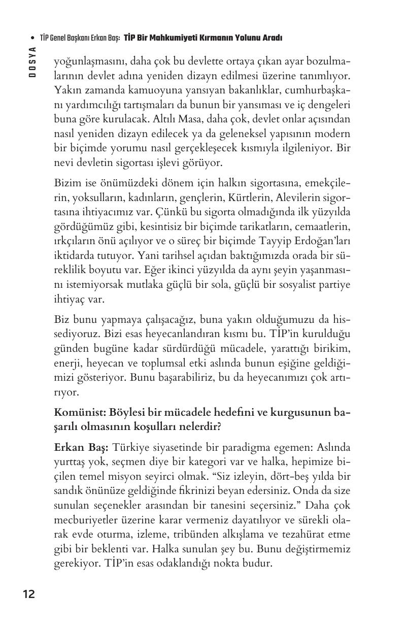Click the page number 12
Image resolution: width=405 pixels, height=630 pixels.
(28, 594)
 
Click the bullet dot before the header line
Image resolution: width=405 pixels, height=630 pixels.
(32, 38)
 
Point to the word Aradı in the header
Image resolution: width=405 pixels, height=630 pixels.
(272, 38)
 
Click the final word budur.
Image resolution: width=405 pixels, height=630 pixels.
(258, 563)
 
